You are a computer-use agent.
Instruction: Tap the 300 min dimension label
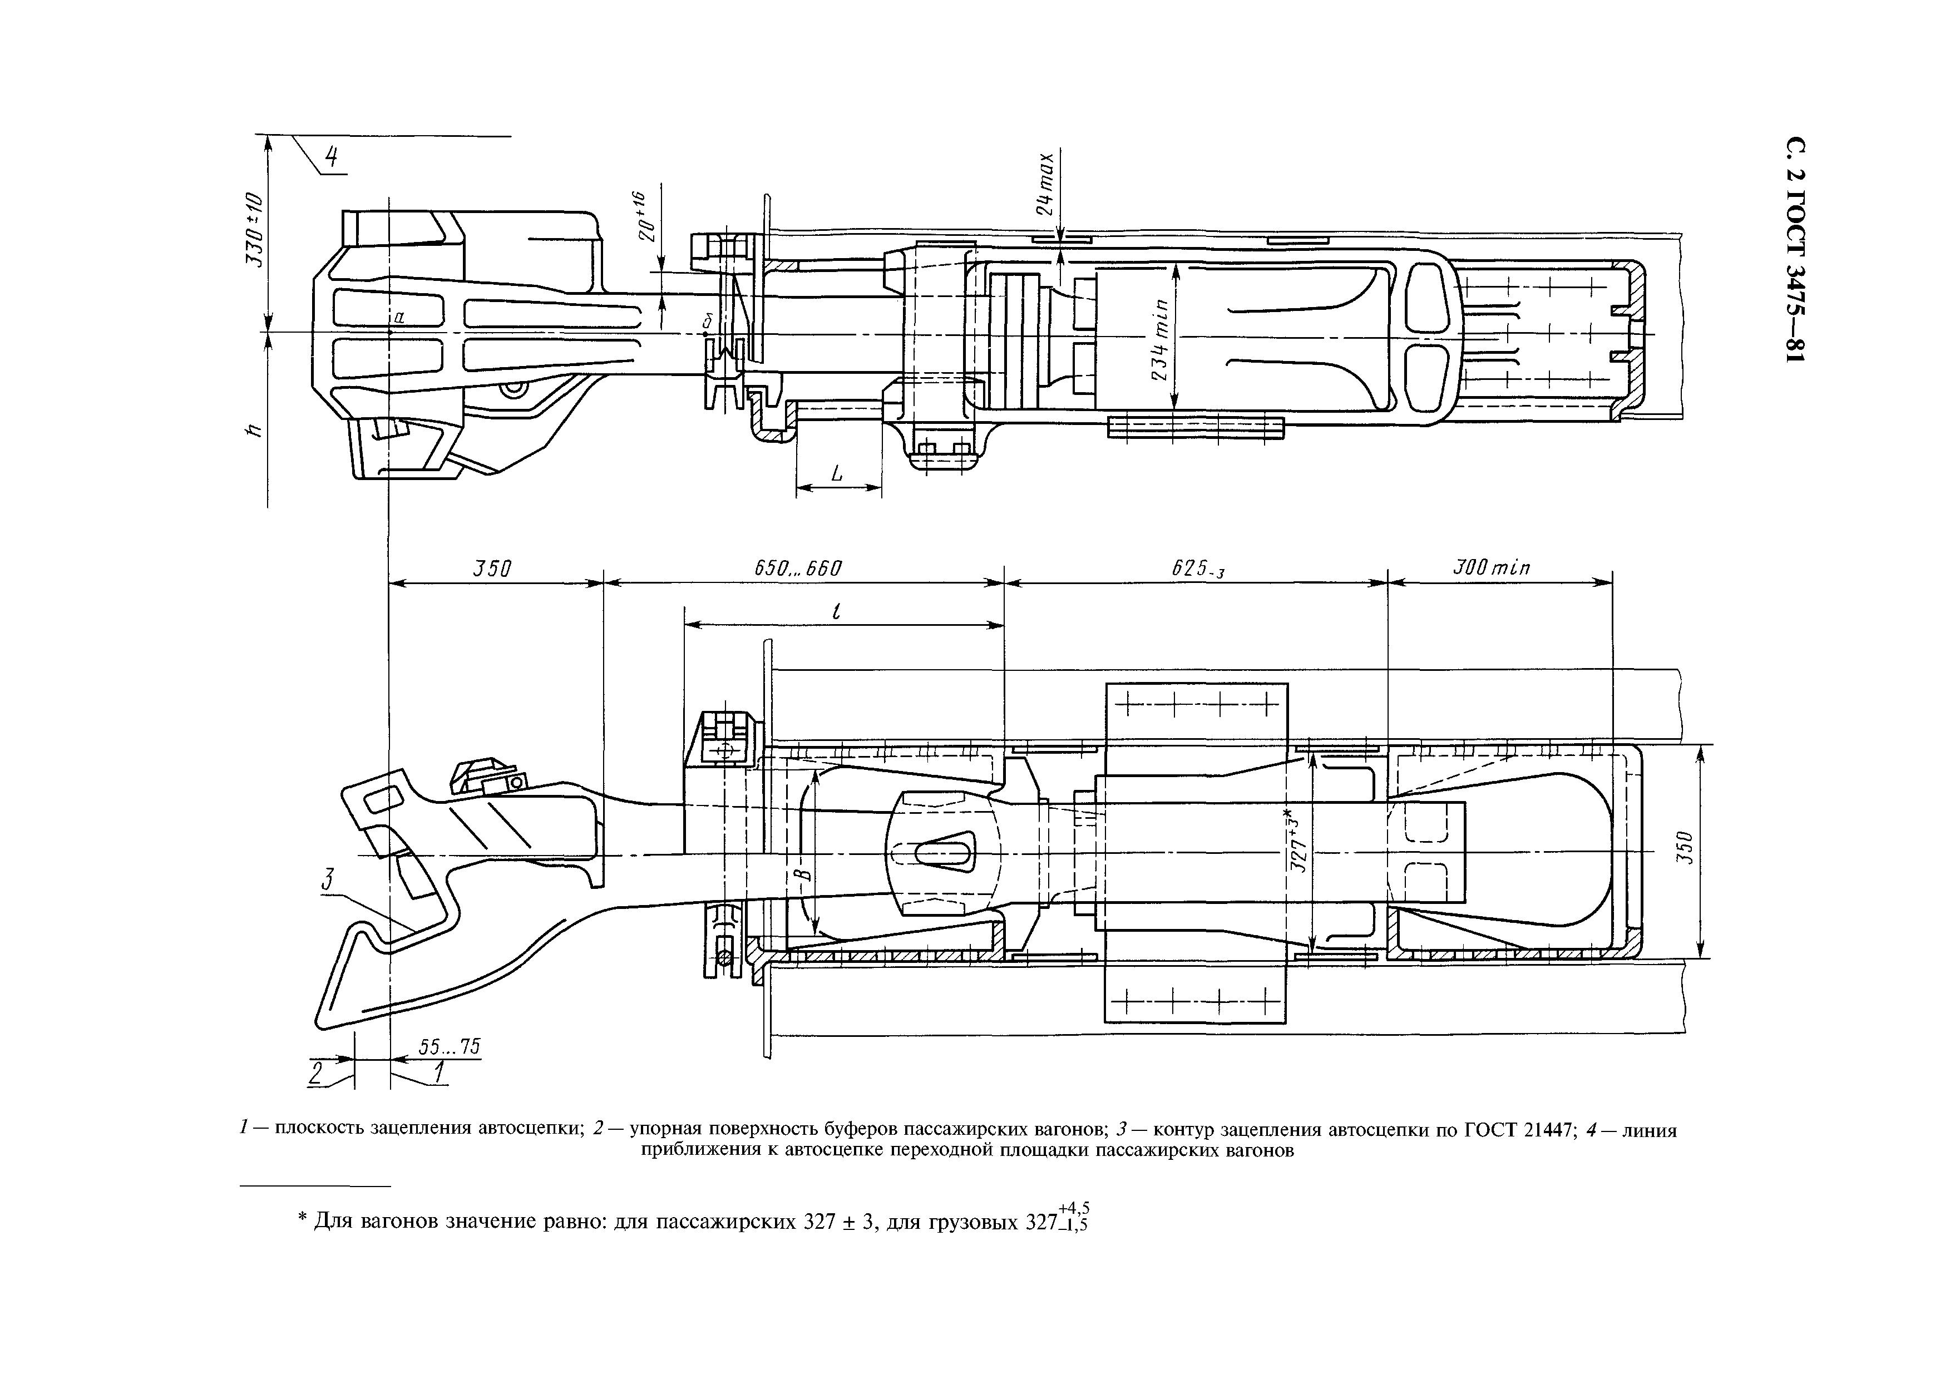pyautogui.click(x=1492, y=567)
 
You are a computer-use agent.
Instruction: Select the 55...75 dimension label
pyautogui.click(x=450, y=1046)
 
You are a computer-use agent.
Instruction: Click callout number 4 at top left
pyautogui.click(x=332, y=157)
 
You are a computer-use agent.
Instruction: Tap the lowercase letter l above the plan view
pyautogui.click(x=836, y=611)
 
